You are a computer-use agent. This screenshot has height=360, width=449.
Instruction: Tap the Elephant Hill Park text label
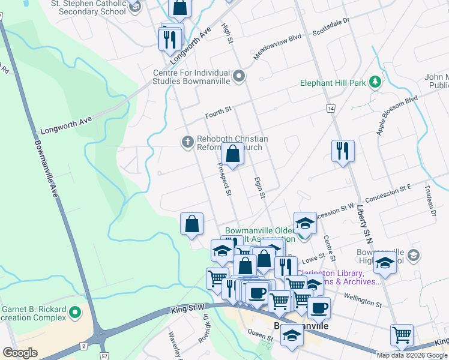(334, 83)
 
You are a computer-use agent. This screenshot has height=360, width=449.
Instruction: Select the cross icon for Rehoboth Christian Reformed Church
(187, 142)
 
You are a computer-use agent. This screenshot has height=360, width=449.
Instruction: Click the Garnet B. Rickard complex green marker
(75, 312)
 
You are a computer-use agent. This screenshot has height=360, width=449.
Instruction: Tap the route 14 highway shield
(330, 108)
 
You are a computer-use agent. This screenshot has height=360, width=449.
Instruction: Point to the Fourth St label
(218, 110)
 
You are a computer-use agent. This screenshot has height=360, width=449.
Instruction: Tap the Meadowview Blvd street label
(277, 45)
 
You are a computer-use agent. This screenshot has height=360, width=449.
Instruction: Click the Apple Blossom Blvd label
(397, 113)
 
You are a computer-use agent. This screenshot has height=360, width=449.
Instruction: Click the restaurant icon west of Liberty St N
(343, 151)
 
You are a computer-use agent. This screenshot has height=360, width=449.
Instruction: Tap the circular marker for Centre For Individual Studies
(240, 76)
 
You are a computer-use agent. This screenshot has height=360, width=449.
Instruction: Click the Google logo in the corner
(20, 352)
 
